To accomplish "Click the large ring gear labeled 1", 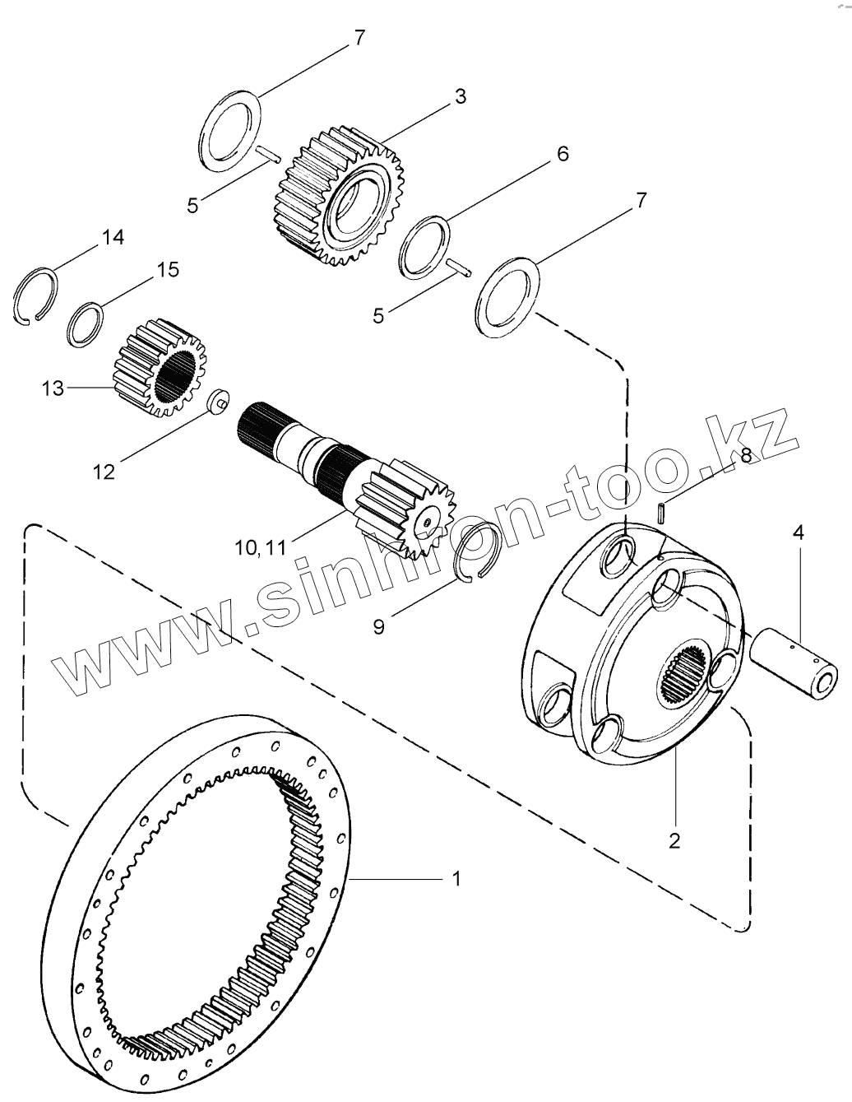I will [x=90, y=905].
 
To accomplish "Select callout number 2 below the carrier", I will [x=675, y=840].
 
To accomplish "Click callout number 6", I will [x=563, y=154].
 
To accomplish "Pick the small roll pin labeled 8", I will [x=663, y=511].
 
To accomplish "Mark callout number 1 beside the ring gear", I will [x=456, y=879].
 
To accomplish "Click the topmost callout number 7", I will [x=359, y=37].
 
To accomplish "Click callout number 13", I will [x=53, y=388].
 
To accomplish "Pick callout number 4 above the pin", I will [x=798, y=532].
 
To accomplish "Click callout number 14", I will [x=113, y=238].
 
